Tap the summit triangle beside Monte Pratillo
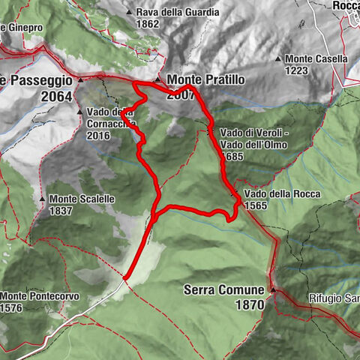point(157,79)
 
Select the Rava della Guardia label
point(178,13)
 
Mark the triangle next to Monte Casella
point(278,59)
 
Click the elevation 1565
point(256,205)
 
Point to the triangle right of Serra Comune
point(273,289)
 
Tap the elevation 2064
point(57,96)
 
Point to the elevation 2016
point(99,136)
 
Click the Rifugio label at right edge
point(333,298)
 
